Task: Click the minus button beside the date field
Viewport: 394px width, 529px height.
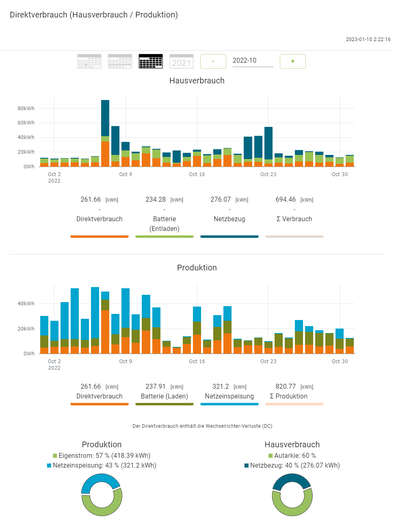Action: tap(213, 61)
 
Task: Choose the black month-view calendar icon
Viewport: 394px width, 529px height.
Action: tap(151, 61)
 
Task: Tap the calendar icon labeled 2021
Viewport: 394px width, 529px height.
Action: tap(181, 61)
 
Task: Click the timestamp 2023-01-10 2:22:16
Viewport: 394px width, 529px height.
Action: tap(368, 39)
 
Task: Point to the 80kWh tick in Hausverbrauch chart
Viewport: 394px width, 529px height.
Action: tap(26, 109)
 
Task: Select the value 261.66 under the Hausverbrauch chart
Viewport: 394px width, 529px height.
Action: tap(91, 200)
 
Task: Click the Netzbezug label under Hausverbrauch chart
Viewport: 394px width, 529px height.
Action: tap(229, 219)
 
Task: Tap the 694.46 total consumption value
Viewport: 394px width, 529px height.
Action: tap(286, 200)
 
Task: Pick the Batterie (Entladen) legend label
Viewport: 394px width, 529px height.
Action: tap(165, 224)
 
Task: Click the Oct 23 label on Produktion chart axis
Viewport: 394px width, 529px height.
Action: tap(268, 361)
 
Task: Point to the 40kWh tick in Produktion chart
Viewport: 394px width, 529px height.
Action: tap(26, 304)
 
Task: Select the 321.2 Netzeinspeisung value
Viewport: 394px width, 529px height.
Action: tap(221, 387)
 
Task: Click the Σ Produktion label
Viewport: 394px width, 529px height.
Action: tap(288, 396)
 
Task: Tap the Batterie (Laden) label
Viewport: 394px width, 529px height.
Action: tap(165, 396)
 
